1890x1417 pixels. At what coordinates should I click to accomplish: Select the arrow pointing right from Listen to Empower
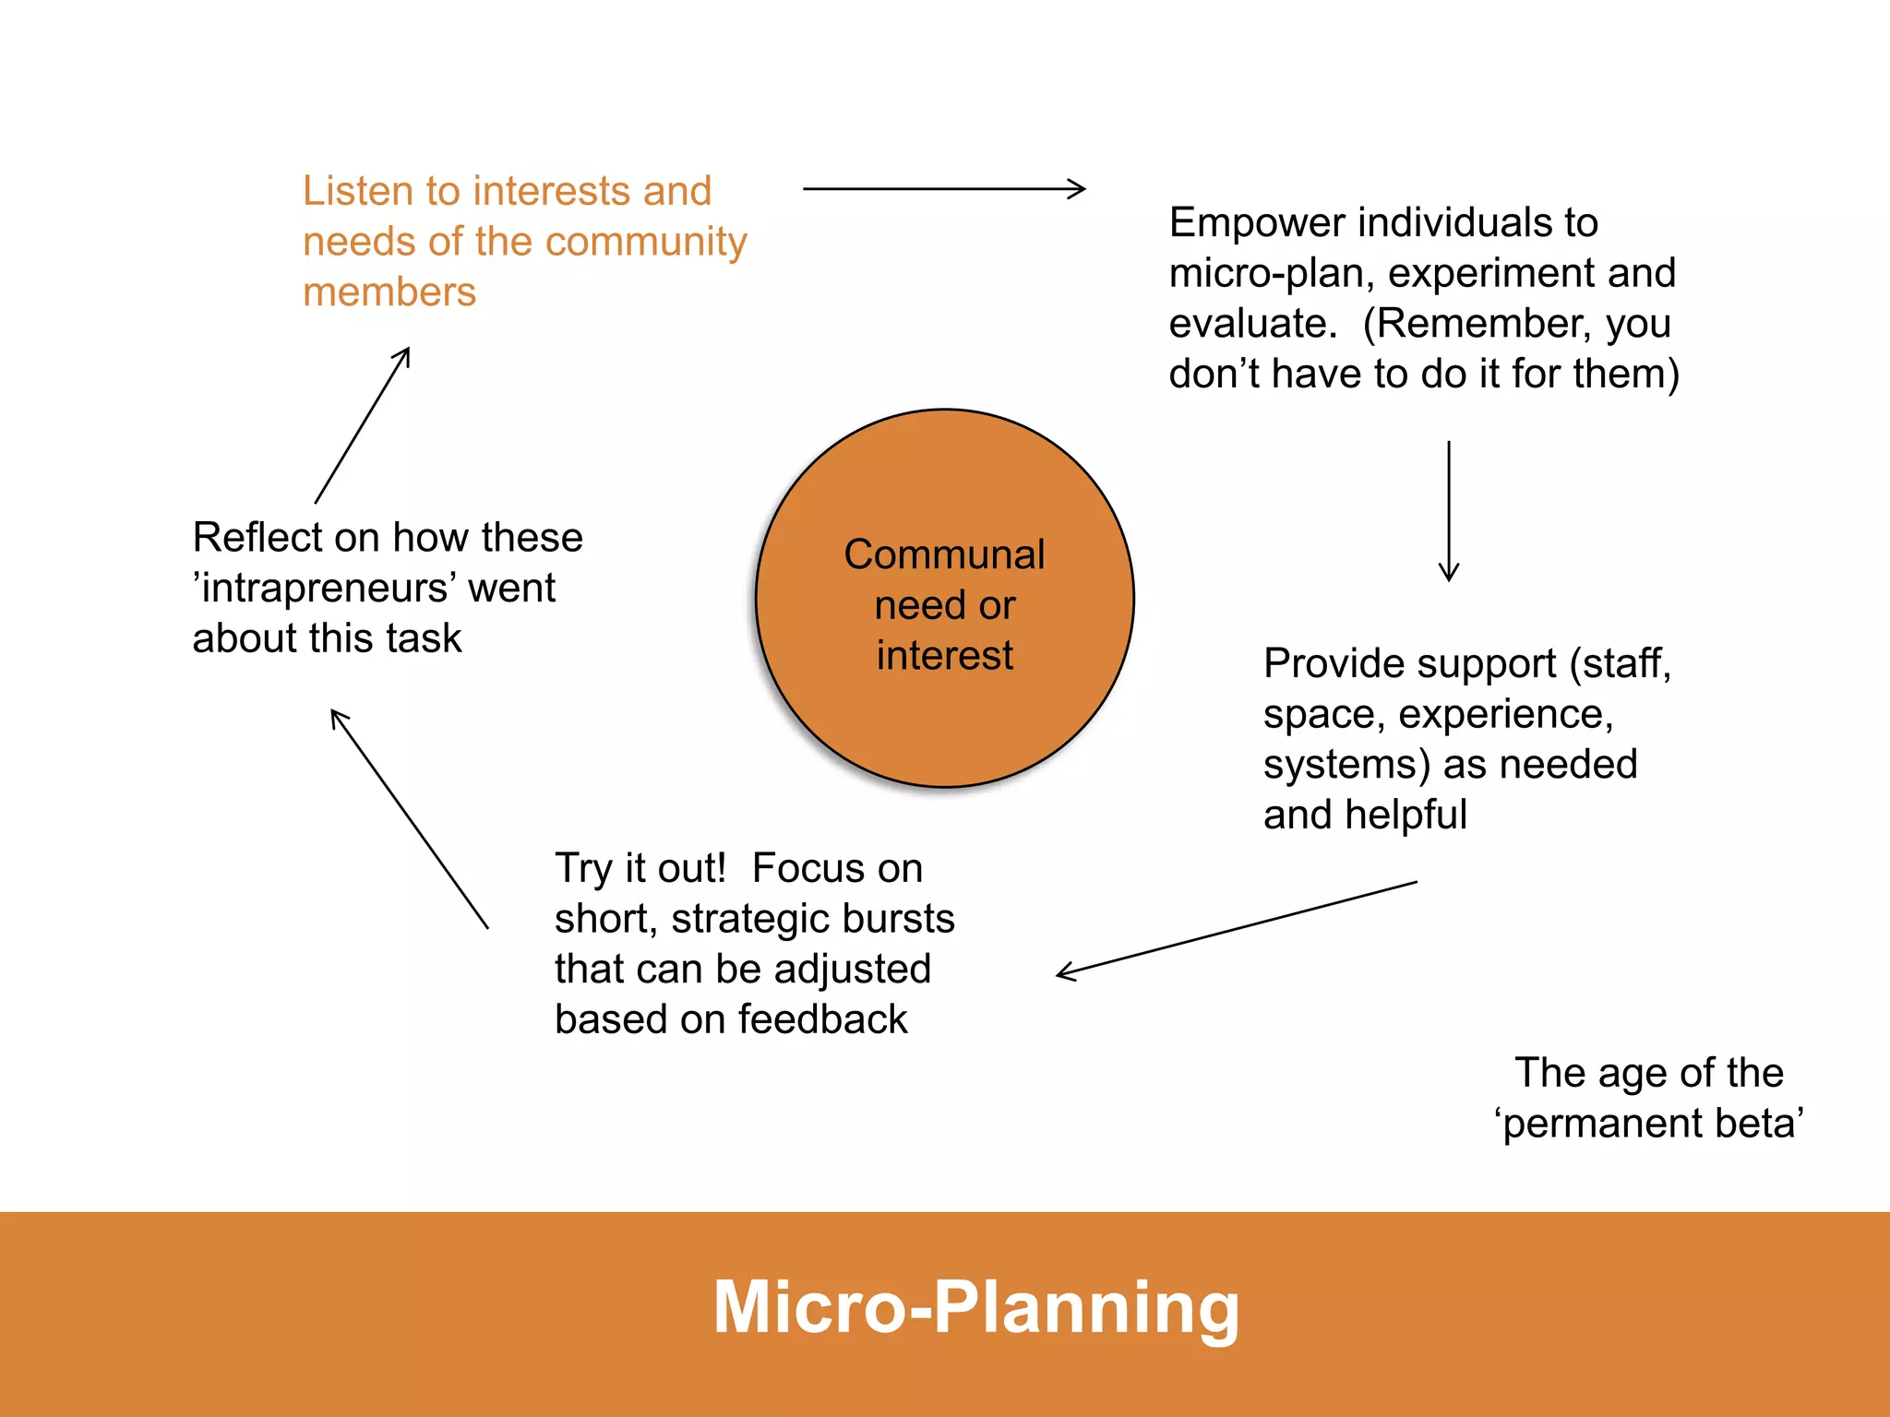tap(944, 189)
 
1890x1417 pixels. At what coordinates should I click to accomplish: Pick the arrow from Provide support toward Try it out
tap(1237, 928)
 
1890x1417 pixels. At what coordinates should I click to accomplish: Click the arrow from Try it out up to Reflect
tap(409, 818)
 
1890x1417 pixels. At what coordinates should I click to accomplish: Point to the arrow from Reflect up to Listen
tap(362, 425)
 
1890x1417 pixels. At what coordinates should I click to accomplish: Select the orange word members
tap(389, 292)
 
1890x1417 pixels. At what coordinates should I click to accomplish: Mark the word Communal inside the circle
tap(944, 554)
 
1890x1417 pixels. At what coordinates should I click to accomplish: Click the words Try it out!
tap(640, 869)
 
